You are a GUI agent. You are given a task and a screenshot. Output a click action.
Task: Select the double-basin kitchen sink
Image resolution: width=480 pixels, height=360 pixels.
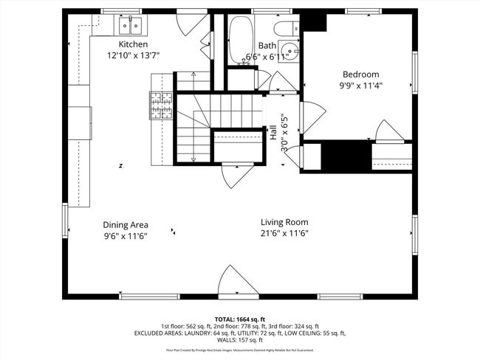tap(131, 27)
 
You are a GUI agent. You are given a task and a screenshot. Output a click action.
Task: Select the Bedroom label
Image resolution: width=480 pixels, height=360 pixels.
tap(360, 74)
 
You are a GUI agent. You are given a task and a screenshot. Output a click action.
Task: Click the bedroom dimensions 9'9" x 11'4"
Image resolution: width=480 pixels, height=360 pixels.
tap(360, 86)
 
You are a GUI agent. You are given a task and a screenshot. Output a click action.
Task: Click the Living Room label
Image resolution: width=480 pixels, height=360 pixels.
tap(284, 222)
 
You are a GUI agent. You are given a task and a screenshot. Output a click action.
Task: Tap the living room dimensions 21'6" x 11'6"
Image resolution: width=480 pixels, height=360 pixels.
tap(284, 234)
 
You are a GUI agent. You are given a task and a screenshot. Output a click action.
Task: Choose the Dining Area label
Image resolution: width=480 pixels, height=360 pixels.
tap(126, 225)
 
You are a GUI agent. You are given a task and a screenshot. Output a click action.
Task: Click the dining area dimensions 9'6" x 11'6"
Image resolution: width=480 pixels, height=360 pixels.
tap(126, 236)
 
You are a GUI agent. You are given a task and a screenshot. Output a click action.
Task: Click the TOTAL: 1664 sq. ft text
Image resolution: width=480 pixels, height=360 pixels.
tap(239, 319)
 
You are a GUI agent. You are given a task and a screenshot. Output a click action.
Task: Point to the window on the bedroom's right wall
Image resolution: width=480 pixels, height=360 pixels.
tap(415, 74)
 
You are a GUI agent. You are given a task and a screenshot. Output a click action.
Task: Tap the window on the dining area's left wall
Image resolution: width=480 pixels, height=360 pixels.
tap(65, 221)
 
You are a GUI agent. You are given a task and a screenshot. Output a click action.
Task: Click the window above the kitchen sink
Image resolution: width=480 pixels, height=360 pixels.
tap(121, 11)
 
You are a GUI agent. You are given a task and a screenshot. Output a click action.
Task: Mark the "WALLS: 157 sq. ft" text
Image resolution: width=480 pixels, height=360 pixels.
tap(239, 340)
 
